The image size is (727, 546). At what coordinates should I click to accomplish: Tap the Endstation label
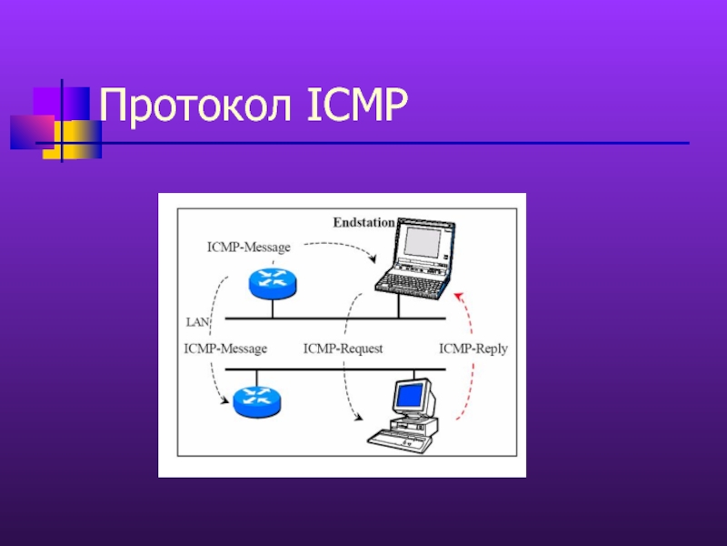363,221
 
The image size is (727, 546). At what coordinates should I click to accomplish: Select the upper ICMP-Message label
248,246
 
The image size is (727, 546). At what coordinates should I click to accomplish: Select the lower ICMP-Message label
225,348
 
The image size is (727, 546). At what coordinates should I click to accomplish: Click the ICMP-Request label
343,348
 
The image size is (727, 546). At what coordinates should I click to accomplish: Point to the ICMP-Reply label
473,348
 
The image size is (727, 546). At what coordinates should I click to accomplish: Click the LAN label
197,321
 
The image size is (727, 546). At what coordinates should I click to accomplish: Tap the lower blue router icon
257,400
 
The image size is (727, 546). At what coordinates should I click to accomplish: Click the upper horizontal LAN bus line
336,318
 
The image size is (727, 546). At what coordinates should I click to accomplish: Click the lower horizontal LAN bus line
336,369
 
